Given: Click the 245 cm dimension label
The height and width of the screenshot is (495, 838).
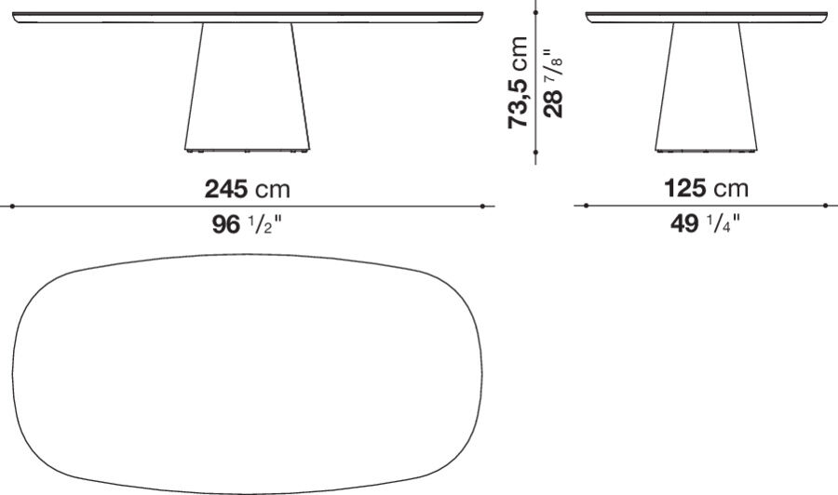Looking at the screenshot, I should [248, 189].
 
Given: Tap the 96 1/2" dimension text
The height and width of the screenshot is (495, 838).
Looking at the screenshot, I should [248, 225].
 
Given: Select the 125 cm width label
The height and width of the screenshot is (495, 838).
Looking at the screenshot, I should [706, 189].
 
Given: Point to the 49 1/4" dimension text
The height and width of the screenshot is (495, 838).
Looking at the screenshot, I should [706, 225].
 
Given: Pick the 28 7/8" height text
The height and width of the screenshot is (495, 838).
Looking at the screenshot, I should [555, 84].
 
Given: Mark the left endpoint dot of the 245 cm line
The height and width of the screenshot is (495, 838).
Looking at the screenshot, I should [12, 207].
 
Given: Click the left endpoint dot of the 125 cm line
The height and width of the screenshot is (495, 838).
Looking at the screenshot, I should [586, 207].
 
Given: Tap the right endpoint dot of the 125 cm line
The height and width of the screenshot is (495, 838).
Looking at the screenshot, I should [826, 207].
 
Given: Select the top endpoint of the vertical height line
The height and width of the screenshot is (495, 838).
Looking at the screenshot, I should [536, 12].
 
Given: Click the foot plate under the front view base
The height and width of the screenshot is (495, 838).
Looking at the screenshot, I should [247, 149].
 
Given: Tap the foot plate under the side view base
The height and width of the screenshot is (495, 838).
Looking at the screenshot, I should [705, 149].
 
